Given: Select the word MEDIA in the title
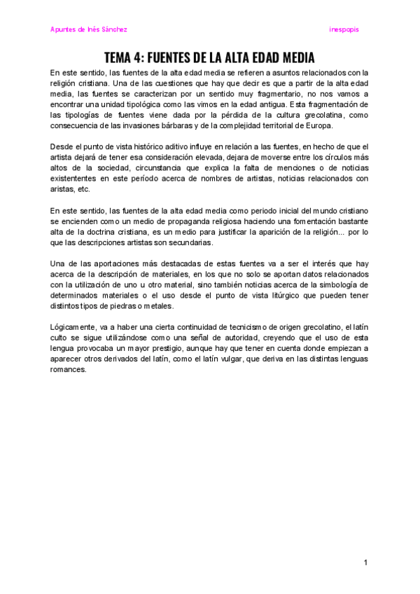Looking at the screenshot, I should click(x=295, y=57).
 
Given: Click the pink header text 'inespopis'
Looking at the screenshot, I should click(x=344, y=29).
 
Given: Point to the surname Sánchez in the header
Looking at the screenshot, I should click(x=112, y=29).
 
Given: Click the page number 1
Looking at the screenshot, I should click(x=365, y=562).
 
